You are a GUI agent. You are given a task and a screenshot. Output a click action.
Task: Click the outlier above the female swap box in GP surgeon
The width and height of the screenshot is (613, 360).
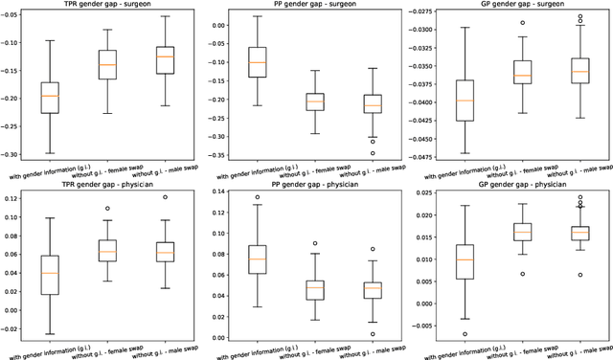pos(522,22)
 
